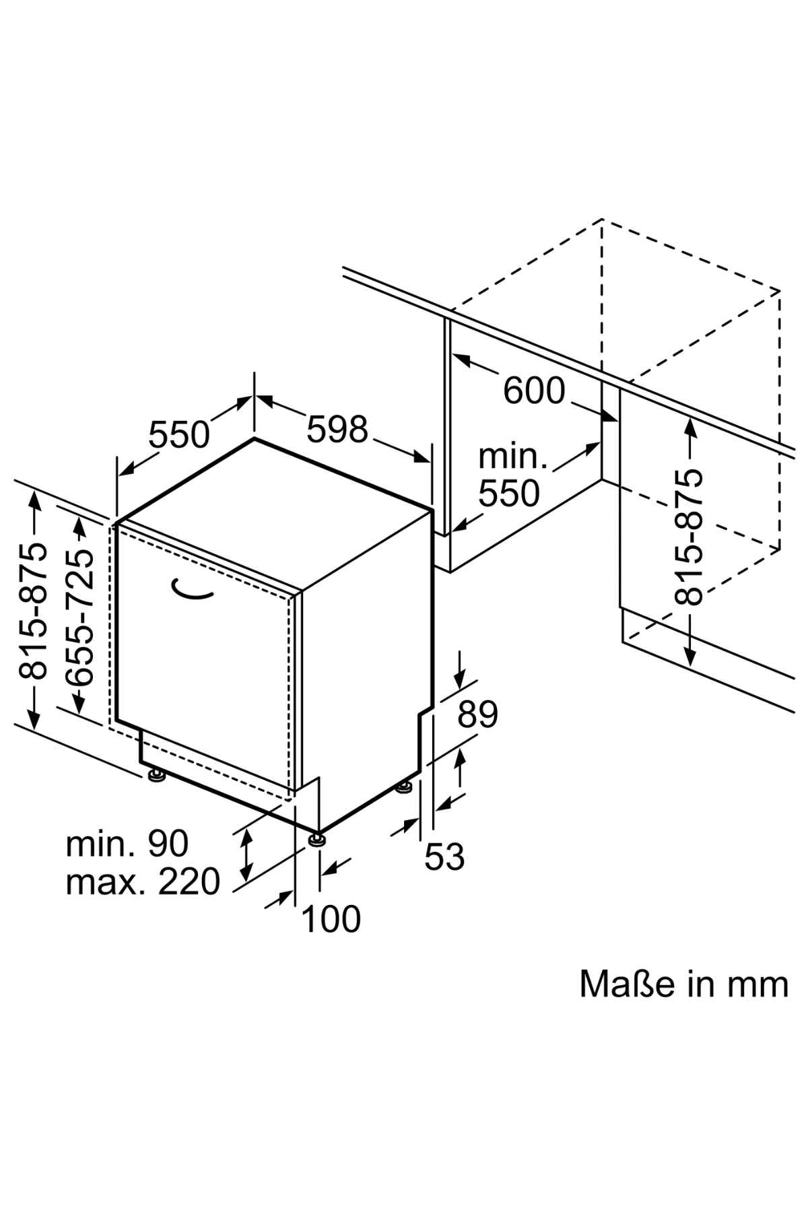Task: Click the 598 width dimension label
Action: [x=337, y=429]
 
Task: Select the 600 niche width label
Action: [x=534, y=391]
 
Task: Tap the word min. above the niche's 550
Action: [x=512, y=457]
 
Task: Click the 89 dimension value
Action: [x=477, y=714]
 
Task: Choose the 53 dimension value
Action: [x=445, y=856]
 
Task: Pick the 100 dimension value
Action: [x=331, y=918]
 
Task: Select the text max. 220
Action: [x=143, y=881]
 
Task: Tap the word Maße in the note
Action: [x=627, y=984]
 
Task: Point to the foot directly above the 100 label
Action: [x=318, y=839]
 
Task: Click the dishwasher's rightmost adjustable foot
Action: [x=405, y=786]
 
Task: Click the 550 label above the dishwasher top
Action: [x=179, y=434]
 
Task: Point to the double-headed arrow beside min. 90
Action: [x=247, y=856]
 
